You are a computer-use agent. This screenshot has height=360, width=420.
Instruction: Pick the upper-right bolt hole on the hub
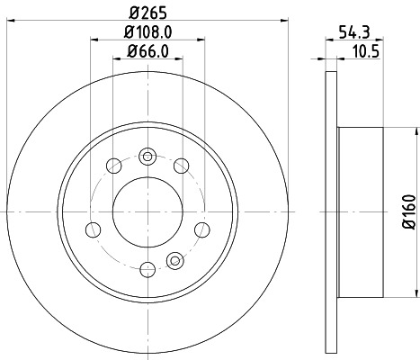click(x=181, y=165)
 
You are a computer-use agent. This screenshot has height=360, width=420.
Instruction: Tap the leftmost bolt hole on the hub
click(x=92, y=228)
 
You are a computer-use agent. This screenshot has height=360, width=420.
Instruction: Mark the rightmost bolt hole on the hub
click(x=199, y=228)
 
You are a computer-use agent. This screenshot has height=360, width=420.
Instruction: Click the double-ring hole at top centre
click(x=147, y=155)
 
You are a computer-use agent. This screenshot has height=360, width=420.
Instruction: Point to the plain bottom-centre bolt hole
click(x=144, y=268)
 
